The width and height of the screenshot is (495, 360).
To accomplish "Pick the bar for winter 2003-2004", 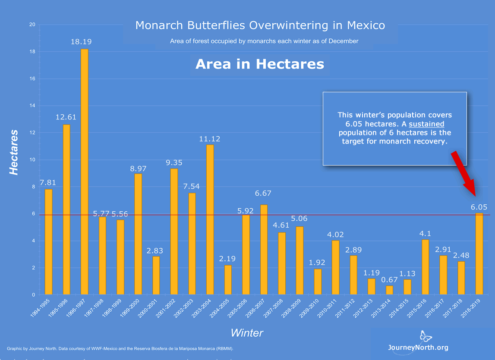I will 210,219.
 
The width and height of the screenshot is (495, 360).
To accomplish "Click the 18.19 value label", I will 82,42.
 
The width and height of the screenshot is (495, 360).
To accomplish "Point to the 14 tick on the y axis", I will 32,106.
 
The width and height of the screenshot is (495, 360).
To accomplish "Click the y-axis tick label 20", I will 32,25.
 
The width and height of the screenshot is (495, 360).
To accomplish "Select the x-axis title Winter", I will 246,333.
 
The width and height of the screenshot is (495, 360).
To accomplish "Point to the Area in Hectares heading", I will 259,64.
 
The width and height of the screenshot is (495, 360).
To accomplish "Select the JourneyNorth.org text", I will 418,347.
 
